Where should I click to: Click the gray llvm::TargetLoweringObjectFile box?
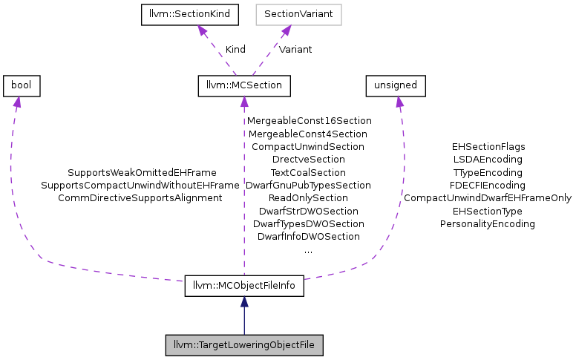pyautogui.click(x=244, y=346)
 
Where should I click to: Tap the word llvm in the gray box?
pyautogui.click(x=180, y=346)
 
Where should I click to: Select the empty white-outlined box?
pyautogui.click(x=298, y=15)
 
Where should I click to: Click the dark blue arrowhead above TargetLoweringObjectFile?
pyautogui.click(x=244, y=301)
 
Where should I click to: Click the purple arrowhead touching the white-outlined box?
pyautogui.click(x=285, y=30)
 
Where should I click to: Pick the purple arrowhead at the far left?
pyautogui.click(x=16, y=102)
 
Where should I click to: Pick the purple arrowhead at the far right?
pyautogui.click(x=399, y=102)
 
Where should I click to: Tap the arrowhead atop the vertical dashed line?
pyautogui.click(x=244, y=102)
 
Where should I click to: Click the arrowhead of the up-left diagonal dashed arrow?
pyautogui.click(x=201, y=30)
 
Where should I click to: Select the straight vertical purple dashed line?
pyautogui.click(x=244, y=186)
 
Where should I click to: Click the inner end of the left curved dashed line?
pyautogui.click(x=181, y=281)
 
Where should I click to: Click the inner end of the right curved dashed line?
pyautogui.click(x=305, y=279)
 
